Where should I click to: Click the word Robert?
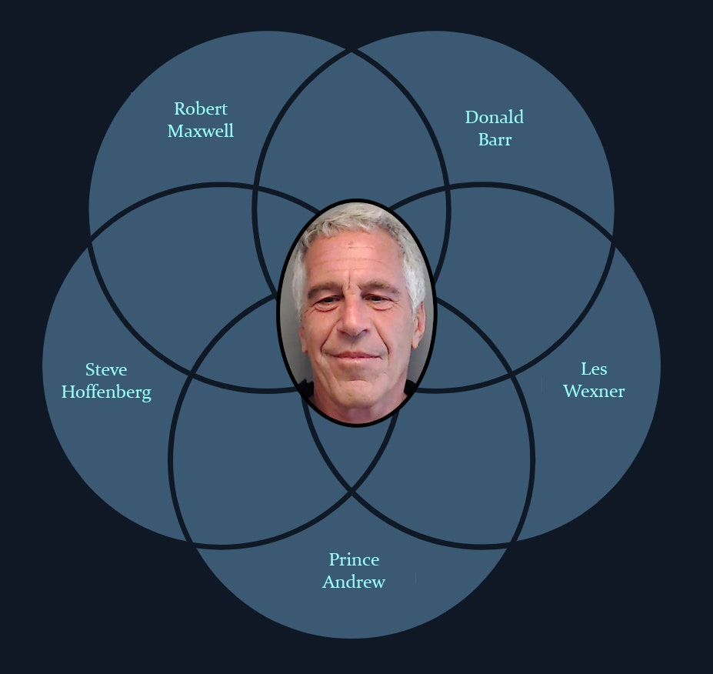[x=201, y=108]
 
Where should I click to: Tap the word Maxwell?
[x=201, y=131]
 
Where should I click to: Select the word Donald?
[x=494, y=117]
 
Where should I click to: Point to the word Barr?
[x=495, y=140]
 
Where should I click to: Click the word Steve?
[x=106, y=369]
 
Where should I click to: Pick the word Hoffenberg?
[x=106, y=392]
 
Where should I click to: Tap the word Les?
[x=594, y=368]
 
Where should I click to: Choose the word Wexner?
[x=594, y=391]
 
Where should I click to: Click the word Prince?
[x=354, y=559]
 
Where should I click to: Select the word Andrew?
[x=354, y=582]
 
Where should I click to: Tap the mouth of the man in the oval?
[x=356, y=355]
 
